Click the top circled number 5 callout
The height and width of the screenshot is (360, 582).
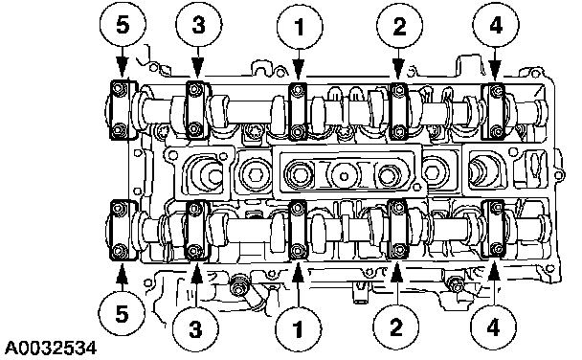pyautogui.click(x=123, y=25)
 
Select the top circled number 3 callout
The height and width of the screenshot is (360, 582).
pyautogui.click(x=199, y=25)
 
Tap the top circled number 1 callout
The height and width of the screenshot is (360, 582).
pyautogui.click(x=300, y=26)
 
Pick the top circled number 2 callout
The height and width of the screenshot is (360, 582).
pyautogui.click(x=399, y=26)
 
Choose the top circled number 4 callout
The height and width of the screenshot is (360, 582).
pyautogui.click(x=496, y=25)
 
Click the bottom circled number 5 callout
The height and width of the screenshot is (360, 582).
pyautogui.click(x=122, y=314)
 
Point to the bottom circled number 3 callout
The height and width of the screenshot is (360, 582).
pyautogui.click(x=195, y=328)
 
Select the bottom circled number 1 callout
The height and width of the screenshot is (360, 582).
pyautogui.click(x=298, y=328)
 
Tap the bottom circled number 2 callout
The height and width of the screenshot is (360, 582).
pyautogui.click(x=396, y=327)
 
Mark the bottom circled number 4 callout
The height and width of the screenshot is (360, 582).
pyautogui.click(x=493, y=327)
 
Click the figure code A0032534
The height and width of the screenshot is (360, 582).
pyautogui.click(x=50, y=349)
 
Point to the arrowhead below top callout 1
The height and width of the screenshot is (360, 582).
pyautogui.click(x=299, y=70)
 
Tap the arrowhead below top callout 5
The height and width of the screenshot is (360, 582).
pyautogui.click(x=122, y=68)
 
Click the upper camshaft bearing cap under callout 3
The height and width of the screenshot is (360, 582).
pyautogui.click(x=197, y=110)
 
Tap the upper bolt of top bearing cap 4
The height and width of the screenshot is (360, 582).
pyautogui.click(x=496, y=91)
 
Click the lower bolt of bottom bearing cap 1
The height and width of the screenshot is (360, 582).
pyautogui.click(x=297, y=251)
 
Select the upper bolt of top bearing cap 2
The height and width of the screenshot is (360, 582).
pyautogui.click(x=398, y=90)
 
